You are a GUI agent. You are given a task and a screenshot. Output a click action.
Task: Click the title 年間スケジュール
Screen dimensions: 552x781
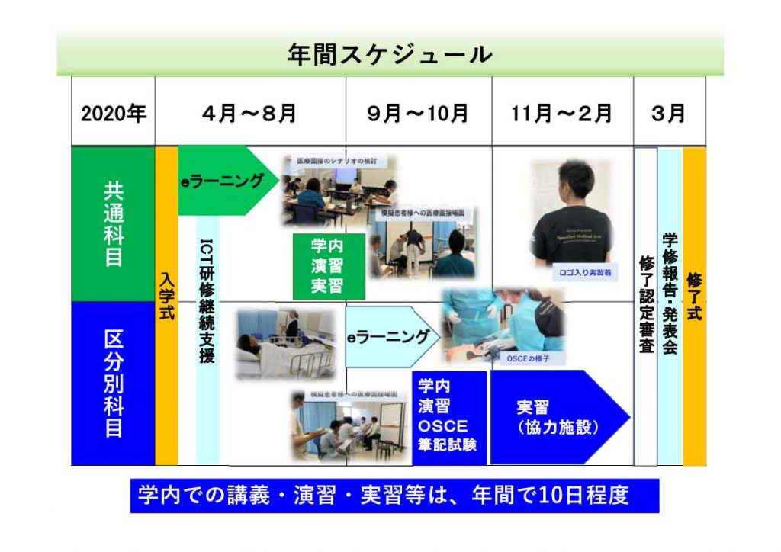pos(390,54)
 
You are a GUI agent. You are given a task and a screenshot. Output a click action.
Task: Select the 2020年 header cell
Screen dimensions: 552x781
pos(114,114)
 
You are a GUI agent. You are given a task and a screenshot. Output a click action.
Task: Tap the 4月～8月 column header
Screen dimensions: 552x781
pos(249,114)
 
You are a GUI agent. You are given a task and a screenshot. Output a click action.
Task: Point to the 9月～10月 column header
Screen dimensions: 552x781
pos(417,114)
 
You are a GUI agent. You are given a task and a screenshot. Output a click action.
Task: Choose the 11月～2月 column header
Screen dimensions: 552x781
pos(562,114)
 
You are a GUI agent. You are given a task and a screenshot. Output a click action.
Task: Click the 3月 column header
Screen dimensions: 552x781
pos(668,114)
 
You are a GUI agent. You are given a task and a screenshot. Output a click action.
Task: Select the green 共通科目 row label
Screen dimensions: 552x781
pos(113,223)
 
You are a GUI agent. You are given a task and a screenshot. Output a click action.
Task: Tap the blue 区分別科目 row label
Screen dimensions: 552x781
pos(113,384)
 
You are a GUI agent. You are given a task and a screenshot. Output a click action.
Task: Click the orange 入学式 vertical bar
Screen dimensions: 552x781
pos(166,305)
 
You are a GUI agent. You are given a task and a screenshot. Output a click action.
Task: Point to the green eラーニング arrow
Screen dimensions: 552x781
pos(225,181)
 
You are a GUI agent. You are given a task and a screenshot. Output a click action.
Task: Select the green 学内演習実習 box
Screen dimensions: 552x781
pos(328,266)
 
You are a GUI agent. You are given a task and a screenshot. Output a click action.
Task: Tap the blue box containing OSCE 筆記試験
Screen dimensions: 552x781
pos(448,417)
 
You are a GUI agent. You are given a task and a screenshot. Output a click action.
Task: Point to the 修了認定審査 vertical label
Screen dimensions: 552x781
pos(645,305)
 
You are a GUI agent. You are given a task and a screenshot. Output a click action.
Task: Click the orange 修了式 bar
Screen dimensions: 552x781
pos(694,305)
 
